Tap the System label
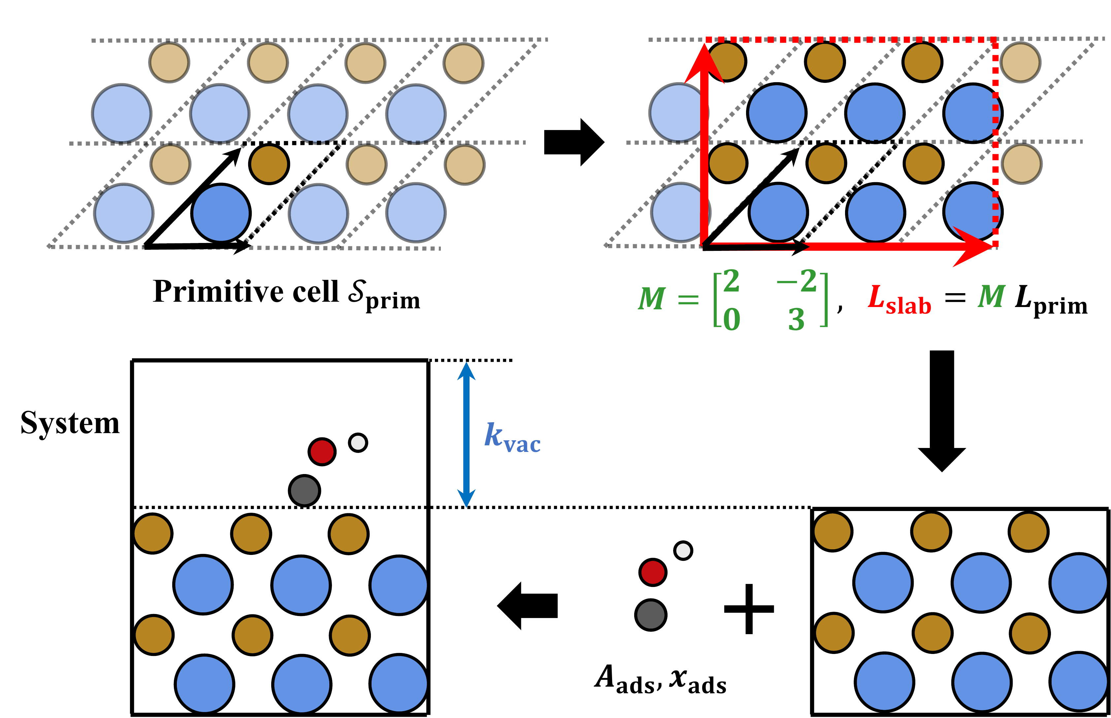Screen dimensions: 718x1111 (70, 423)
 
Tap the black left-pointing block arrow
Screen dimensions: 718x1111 (528, 606)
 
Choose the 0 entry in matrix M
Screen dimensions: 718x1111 (731, 320)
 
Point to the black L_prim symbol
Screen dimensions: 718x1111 (1051, 301)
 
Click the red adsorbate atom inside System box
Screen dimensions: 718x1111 (322, 451)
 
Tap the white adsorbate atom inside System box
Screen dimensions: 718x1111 (358, 442)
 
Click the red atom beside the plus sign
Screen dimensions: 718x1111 (652, 572)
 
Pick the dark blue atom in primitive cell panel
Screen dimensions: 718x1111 (221, 213)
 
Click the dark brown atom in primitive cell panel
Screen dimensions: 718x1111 (269, 164)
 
